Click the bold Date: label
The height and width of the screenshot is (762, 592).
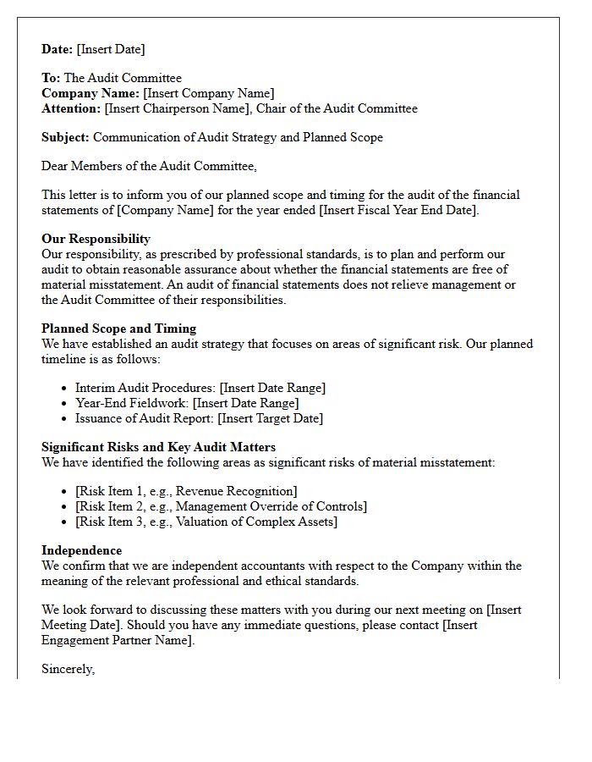click(x=58, y=49)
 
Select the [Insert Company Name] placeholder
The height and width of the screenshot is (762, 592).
click(x=209, y=93)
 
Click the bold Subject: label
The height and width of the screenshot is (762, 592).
click(x=65, y=137)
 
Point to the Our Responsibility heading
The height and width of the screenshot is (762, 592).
click(x=96, y=239)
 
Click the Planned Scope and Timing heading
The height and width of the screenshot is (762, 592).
click(x=118, y=329)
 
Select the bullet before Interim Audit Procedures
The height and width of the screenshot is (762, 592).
click(x=65, y=388)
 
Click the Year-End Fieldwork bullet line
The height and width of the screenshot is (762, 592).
click(x=186, y=403)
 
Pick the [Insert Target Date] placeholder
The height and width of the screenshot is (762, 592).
click(x=270, y=418)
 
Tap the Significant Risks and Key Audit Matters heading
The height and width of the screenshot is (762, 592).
click(x=158, y=447)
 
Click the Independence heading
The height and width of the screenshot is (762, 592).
click(x=81, y=550)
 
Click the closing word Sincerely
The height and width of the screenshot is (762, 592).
click(x=68, y=669)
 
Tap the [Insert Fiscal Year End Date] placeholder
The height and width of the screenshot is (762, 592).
click(x=398, y=210)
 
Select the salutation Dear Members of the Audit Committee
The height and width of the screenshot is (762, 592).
click(x=149, y=166)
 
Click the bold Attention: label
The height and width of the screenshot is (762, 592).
click(x=71, y=108)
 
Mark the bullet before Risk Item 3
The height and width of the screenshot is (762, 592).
click(x=65, y=522)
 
